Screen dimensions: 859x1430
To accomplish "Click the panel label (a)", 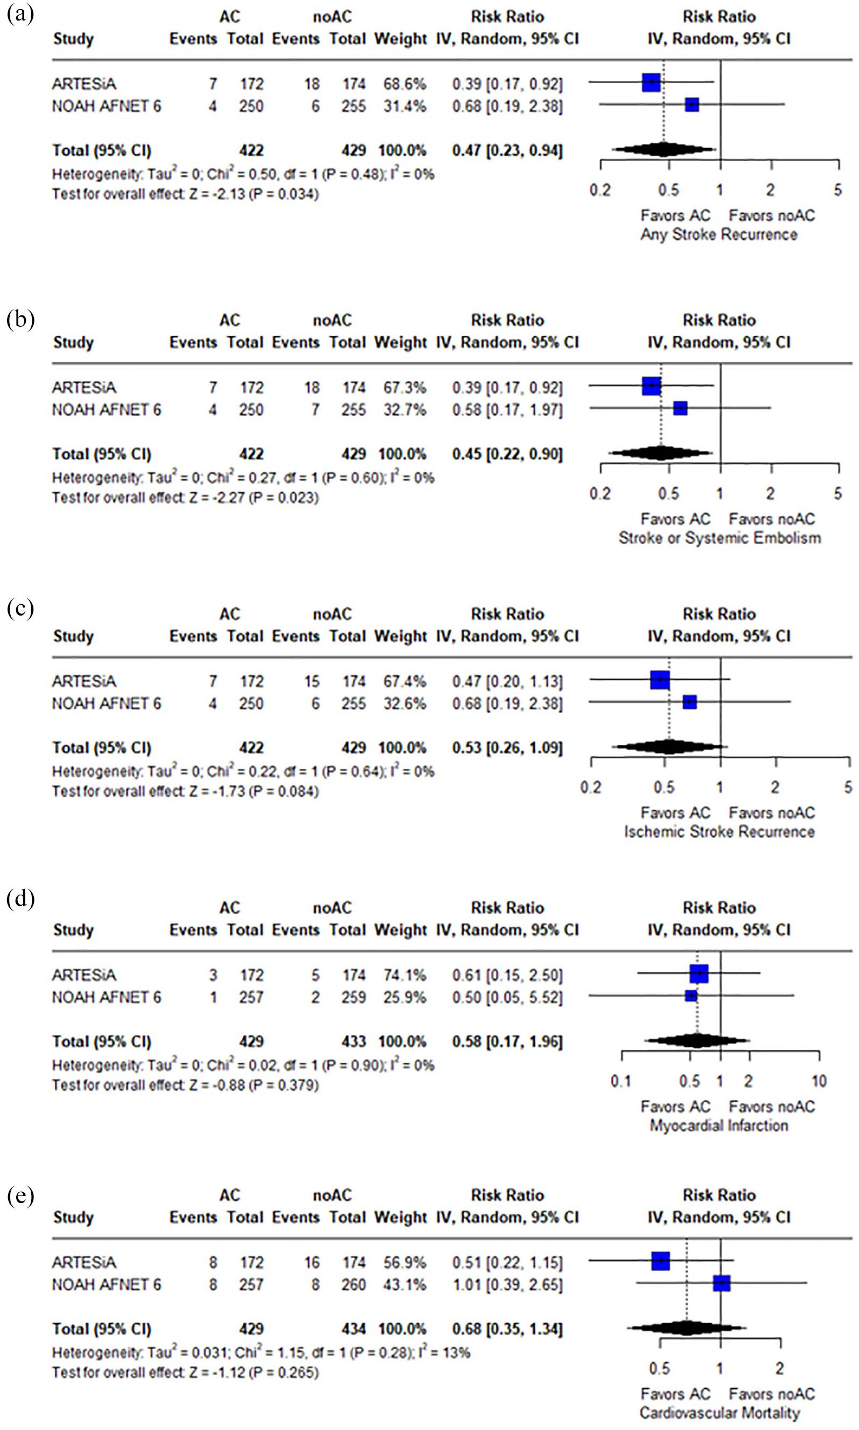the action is pos(20,14).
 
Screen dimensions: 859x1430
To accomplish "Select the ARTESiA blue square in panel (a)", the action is pos(651,83).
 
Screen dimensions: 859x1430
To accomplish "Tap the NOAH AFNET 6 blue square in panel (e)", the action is pos(721,1283).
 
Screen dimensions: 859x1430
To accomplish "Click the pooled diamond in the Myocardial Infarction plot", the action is pos(697,1041).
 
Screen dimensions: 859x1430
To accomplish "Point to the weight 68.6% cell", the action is pos(404,84).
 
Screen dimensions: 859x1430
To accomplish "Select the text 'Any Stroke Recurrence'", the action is pos(718,234).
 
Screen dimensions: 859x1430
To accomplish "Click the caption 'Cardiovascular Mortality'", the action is pos(720,1413).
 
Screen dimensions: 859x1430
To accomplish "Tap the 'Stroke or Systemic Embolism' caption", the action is pos(720,538).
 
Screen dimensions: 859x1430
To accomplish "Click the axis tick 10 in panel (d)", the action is pos(819,1081).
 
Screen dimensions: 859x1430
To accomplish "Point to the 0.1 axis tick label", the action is pos(621,1081).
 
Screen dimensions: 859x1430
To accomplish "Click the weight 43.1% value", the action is pos(404,1284).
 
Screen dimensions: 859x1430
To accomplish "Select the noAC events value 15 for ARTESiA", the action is pos(312,681).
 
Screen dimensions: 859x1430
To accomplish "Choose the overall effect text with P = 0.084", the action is pos(185,791).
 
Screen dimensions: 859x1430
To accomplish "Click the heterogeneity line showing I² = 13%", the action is pos(261,1352).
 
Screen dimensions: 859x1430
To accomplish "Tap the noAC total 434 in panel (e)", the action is pos(354,1329).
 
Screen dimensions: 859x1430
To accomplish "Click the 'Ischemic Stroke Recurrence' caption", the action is pos(720,832).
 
